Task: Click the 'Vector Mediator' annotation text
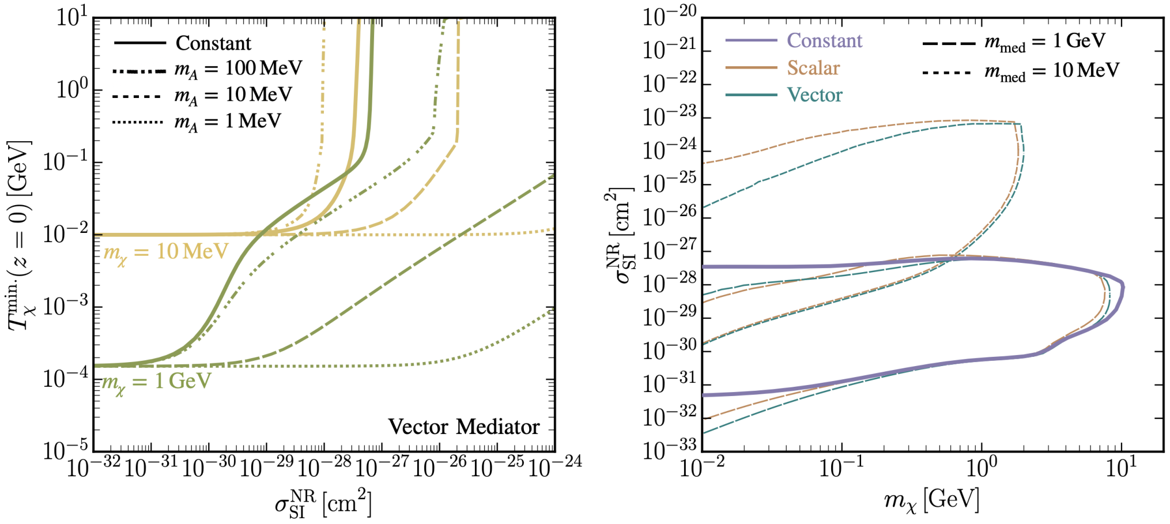pos(464,427)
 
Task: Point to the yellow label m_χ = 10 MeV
pos(165,252)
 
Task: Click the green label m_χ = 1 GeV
pos(156,382)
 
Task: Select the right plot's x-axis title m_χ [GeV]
pos(931,499)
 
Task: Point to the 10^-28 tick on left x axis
pos(324,467)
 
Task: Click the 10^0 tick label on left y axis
pos(72,89)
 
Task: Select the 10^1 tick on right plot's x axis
pos(1121,468)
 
